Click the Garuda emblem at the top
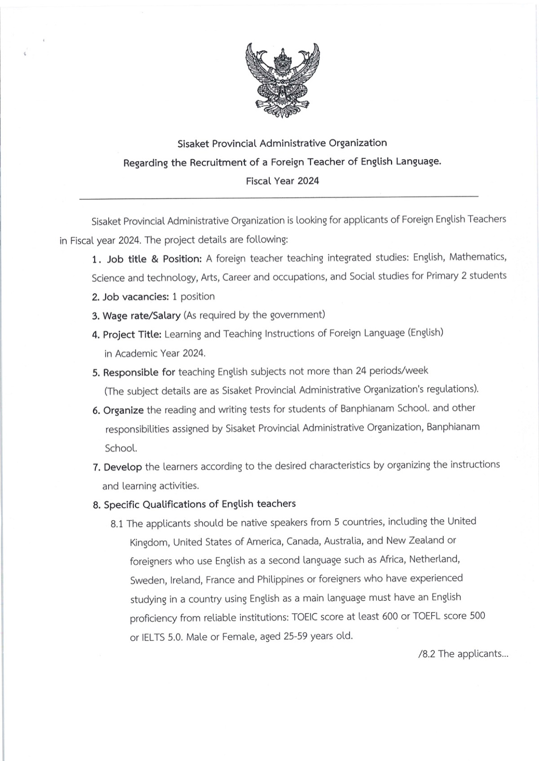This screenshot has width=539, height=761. [283, 80]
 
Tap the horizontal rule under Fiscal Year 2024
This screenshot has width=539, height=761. [278, 197]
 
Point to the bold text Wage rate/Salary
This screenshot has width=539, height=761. [141, 315]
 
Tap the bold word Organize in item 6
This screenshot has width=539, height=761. [124, 410]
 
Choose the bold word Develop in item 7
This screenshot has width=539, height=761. [123, 467]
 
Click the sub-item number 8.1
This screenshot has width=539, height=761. [117, 524]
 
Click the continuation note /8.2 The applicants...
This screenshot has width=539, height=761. [463, 654]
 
